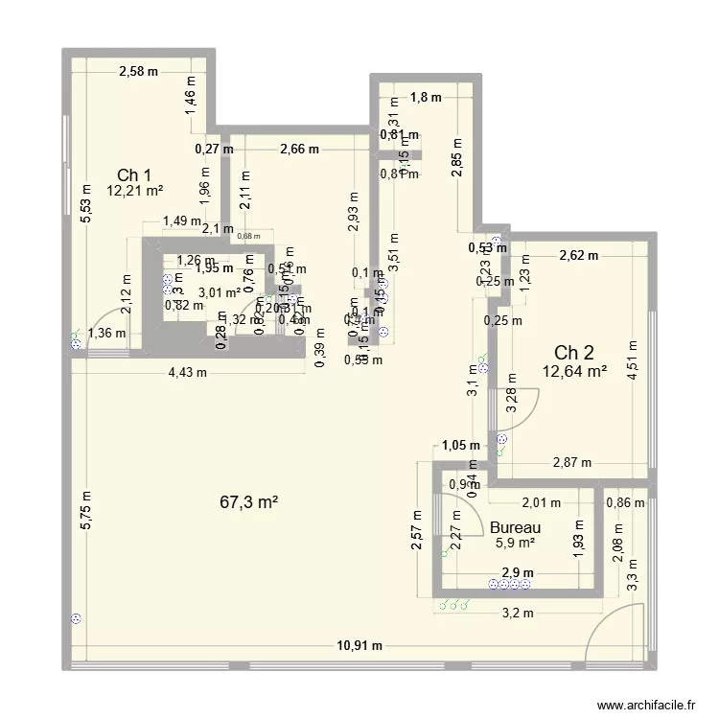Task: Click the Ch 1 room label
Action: point(134,174)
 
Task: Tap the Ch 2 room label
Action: point(573,352)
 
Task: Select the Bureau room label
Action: point(515,527)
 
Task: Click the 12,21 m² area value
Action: point(135,191)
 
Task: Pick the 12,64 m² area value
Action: point(574,371)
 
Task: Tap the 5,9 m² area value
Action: point(515,544)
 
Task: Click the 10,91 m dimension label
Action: point(359,646)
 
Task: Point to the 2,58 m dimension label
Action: point(139,71)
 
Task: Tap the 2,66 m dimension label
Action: point(300,149)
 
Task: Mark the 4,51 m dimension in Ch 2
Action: point(632,360)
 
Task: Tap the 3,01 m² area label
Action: point(220,292)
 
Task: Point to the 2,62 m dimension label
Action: point(578,255)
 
